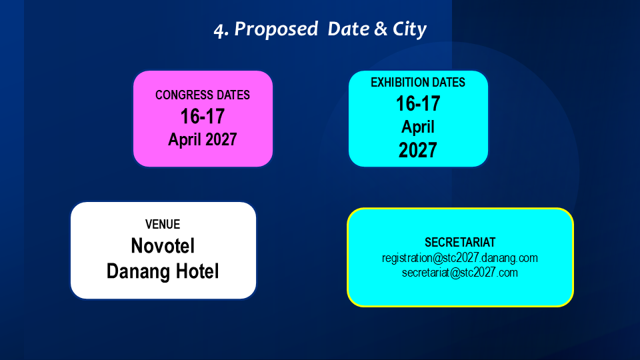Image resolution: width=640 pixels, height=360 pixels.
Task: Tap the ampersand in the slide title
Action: (381, 29)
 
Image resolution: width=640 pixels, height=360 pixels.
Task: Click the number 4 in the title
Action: (219, 31)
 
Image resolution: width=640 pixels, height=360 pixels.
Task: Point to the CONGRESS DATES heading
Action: (203, 95)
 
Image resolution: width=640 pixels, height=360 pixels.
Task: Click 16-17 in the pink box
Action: (203, 116)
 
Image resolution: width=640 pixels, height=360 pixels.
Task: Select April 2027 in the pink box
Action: (203, 139)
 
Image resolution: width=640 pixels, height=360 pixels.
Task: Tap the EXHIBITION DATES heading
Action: (418, 83)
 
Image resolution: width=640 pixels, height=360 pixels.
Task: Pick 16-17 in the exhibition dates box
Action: (418, 104)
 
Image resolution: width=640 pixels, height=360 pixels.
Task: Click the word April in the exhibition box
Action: (418, 127)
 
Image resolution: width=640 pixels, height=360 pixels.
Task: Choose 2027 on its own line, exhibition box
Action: (418, 150)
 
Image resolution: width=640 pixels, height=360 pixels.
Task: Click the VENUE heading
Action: (163, 225)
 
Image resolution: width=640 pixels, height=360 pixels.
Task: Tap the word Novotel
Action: (163, 246)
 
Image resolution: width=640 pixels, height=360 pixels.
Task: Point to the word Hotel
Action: (197, 271)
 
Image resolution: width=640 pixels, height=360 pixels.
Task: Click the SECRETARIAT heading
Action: (460, 243)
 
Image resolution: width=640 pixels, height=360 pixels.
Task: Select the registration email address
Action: (460, 259)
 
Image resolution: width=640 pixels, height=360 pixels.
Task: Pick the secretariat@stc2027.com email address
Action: (460, 273)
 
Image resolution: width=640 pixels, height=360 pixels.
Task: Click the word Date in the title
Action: (348, 29)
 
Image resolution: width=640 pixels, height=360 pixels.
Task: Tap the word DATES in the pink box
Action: (233, 95)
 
